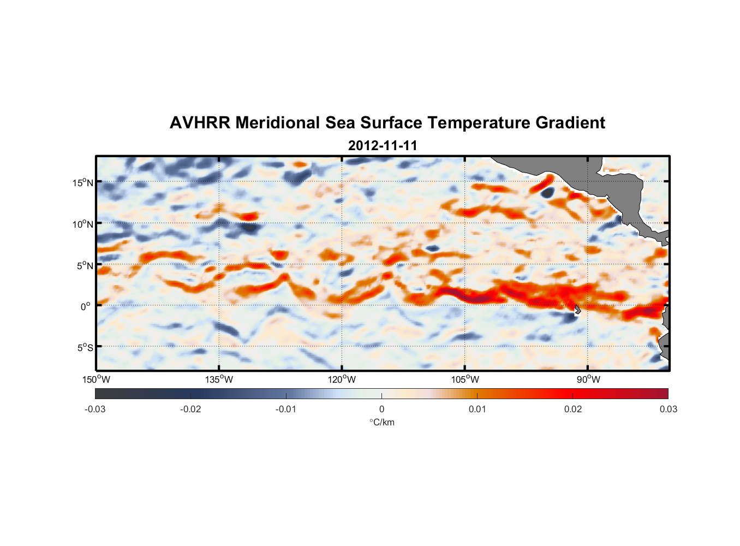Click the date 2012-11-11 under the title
pyautogui.click(x=383, y=146)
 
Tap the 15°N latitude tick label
pyautogui.click(x=83, y=182)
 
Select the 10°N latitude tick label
pyautogui.click(x=83, y=224)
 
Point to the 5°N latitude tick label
pyautogui.click(x=84, y=265)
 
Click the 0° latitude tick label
pyautogui.click(x=86, y=306)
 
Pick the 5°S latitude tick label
pyautogui.click(x=84, y=347)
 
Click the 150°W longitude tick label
pyautogui.click(x=96, y=379)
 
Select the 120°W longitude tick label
pyautogui.click(x=342, y=379)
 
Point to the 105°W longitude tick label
pyautogui.click(x=465, y=379)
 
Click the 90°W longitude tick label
pyautogui.click(x=588, y=379)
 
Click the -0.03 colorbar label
pyautogui.click(x=95, y=409)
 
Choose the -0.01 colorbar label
pyautogui.click(x=286, y=409)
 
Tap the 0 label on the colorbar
pyautogui.click(x=381, y=409)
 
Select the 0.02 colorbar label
pyautogui.click(x=573, y=409)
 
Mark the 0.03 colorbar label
pyautogui.click(x=668, y=409)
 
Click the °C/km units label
pyautogui.click(x=381, y=422)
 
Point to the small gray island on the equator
pyautogui.click(x=577, y=310)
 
